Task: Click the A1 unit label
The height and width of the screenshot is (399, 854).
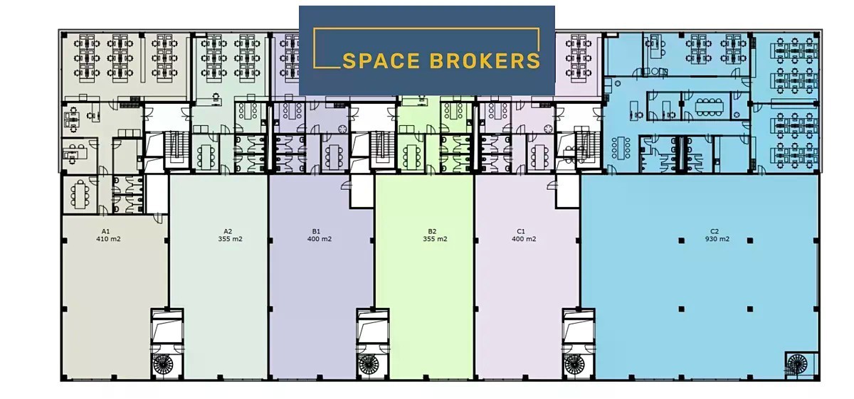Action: (x=105, y=231)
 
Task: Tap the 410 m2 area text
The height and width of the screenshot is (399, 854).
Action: (x=108, y=239)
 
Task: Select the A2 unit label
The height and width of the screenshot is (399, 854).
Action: (x=228, y=231)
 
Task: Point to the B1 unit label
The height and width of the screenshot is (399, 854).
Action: (x=316, y=231)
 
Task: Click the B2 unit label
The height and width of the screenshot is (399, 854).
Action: (x=432, y=231)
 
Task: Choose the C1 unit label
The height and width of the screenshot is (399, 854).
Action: (x=521, y=231)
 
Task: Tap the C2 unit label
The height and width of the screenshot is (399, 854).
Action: (x=715, y=231)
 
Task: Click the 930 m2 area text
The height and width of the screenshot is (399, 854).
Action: (x=717, y=239)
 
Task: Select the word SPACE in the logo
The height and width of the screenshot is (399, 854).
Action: (x=381, y=61)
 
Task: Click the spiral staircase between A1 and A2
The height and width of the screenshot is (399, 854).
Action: (x=163, y=364)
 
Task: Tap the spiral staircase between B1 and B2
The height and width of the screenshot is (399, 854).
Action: (x=369, y=364)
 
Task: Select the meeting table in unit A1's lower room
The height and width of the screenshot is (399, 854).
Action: (x=80, y=195)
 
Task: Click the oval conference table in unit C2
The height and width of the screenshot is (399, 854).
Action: (x=708, y=106)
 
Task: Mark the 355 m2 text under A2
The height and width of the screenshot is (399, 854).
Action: (x=231, y=239)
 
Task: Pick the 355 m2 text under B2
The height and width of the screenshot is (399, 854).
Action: (x=435, y=239)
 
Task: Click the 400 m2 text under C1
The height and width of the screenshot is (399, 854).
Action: (x=524, y=239)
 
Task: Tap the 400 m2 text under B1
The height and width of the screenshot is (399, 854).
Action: (x=320, y=239)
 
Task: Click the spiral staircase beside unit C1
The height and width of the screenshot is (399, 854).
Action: (x=574, y=364)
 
